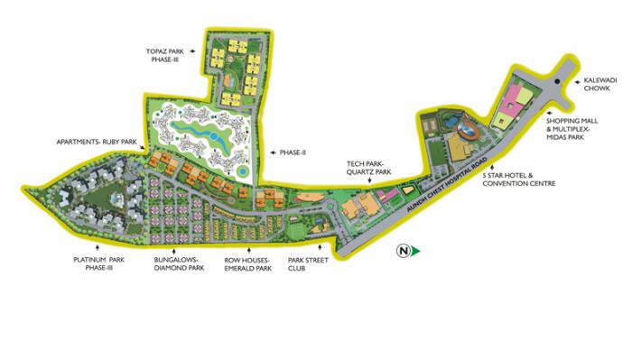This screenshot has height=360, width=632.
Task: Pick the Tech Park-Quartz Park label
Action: pyautogui.click(x=368, y=168)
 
